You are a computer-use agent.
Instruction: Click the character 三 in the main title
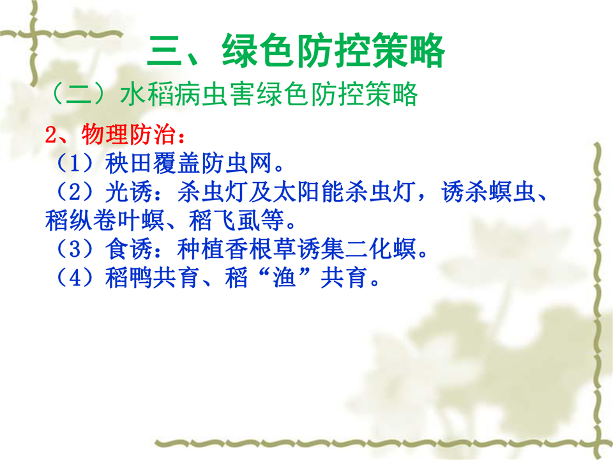(164, 51)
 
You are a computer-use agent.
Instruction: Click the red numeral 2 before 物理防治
(51, 135)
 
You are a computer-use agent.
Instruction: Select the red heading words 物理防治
(128, 135)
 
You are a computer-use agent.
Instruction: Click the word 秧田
(128, 163)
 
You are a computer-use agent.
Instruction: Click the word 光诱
(128, 192)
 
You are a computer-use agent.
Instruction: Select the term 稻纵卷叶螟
(105, 220)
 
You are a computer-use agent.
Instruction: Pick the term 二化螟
(380, 249)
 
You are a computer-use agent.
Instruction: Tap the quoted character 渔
(284, 277)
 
